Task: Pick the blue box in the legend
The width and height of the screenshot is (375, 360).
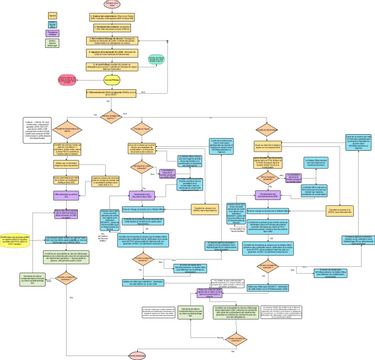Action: pyautogui.click(x=53, y=24)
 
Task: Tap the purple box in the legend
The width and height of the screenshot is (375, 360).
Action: pyautogui.click(x=53, y=33)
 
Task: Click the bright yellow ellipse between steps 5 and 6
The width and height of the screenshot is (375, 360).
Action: pyautogui.click(x=112, y=79)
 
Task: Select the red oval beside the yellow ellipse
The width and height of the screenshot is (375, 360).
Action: pyautogui.click(x=66, y=79)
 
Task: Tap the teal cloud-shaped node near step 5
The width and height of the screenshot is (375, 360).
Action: pyautogui.click(x=156, y=61)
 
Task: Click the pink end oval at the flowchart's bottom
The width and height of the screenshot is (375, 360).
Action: pyautogui.click(x=138, y=354)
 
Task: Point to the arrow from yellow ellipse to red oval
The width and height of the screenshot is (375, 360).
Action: pyautogui.click(x=87, y=79)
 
